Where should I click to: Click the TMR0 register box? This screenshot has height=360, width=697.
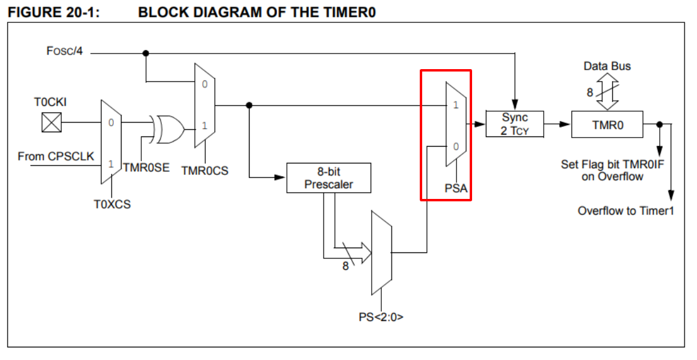607,124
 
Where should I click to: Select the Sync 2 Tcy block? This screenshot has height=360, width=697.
515,124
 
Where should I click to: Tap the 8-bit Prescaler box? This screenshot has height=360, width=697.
328,178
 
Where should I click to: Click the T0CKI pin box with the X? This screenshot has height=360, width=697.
52,122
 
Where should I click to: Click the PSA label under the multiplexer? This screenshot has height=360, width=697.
456,189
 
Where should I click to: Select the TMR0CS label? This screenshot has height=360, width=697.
205,171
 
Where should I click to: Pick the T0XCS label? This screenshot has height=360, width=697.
112,204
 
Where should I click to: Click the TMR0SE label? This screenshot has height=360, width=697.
146,168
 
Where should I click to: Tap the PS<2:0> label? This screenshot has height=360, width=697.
381,317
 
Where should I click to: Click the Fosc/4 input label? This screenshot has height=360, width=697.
64,51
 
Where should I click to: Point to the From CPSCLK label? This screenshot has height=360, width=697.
56,156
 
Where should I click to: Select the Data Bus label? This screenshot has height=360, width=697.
607,66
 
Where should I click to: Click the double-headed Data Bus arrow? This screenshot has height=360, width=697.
607,91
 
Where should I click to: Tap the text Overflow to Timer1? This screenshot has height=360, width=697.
626,211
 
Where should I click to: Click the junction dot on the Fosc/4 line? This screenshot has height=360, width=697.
146,53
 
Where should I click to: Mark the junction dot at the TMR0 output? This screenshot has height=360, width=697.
660,124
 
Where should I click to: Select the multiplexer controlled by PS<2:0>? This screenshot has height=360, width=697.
382,253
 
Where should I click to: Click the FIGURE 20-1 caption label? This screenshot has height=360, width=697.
54,12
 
